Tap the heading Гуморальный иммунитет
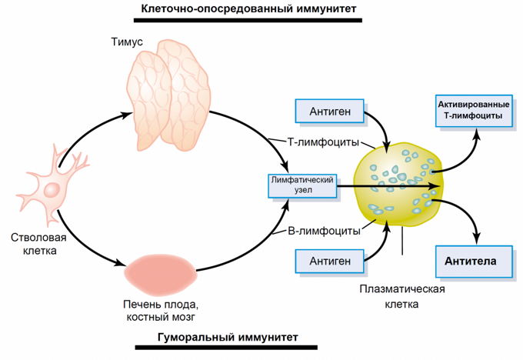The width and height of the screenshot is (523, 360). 227,337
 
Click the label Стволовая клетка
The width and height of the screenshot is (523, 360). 34,243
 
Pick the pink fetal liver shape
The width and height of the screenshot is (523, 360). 162,273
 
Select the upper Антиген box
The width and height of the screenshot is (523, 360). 330,112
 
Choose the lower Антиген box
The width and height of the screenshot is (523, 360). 330,262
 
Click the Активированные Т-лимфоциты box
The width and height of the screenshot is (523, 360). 473,110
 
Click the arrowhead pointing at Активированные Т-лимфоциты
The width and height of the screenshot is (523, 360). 477,132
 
